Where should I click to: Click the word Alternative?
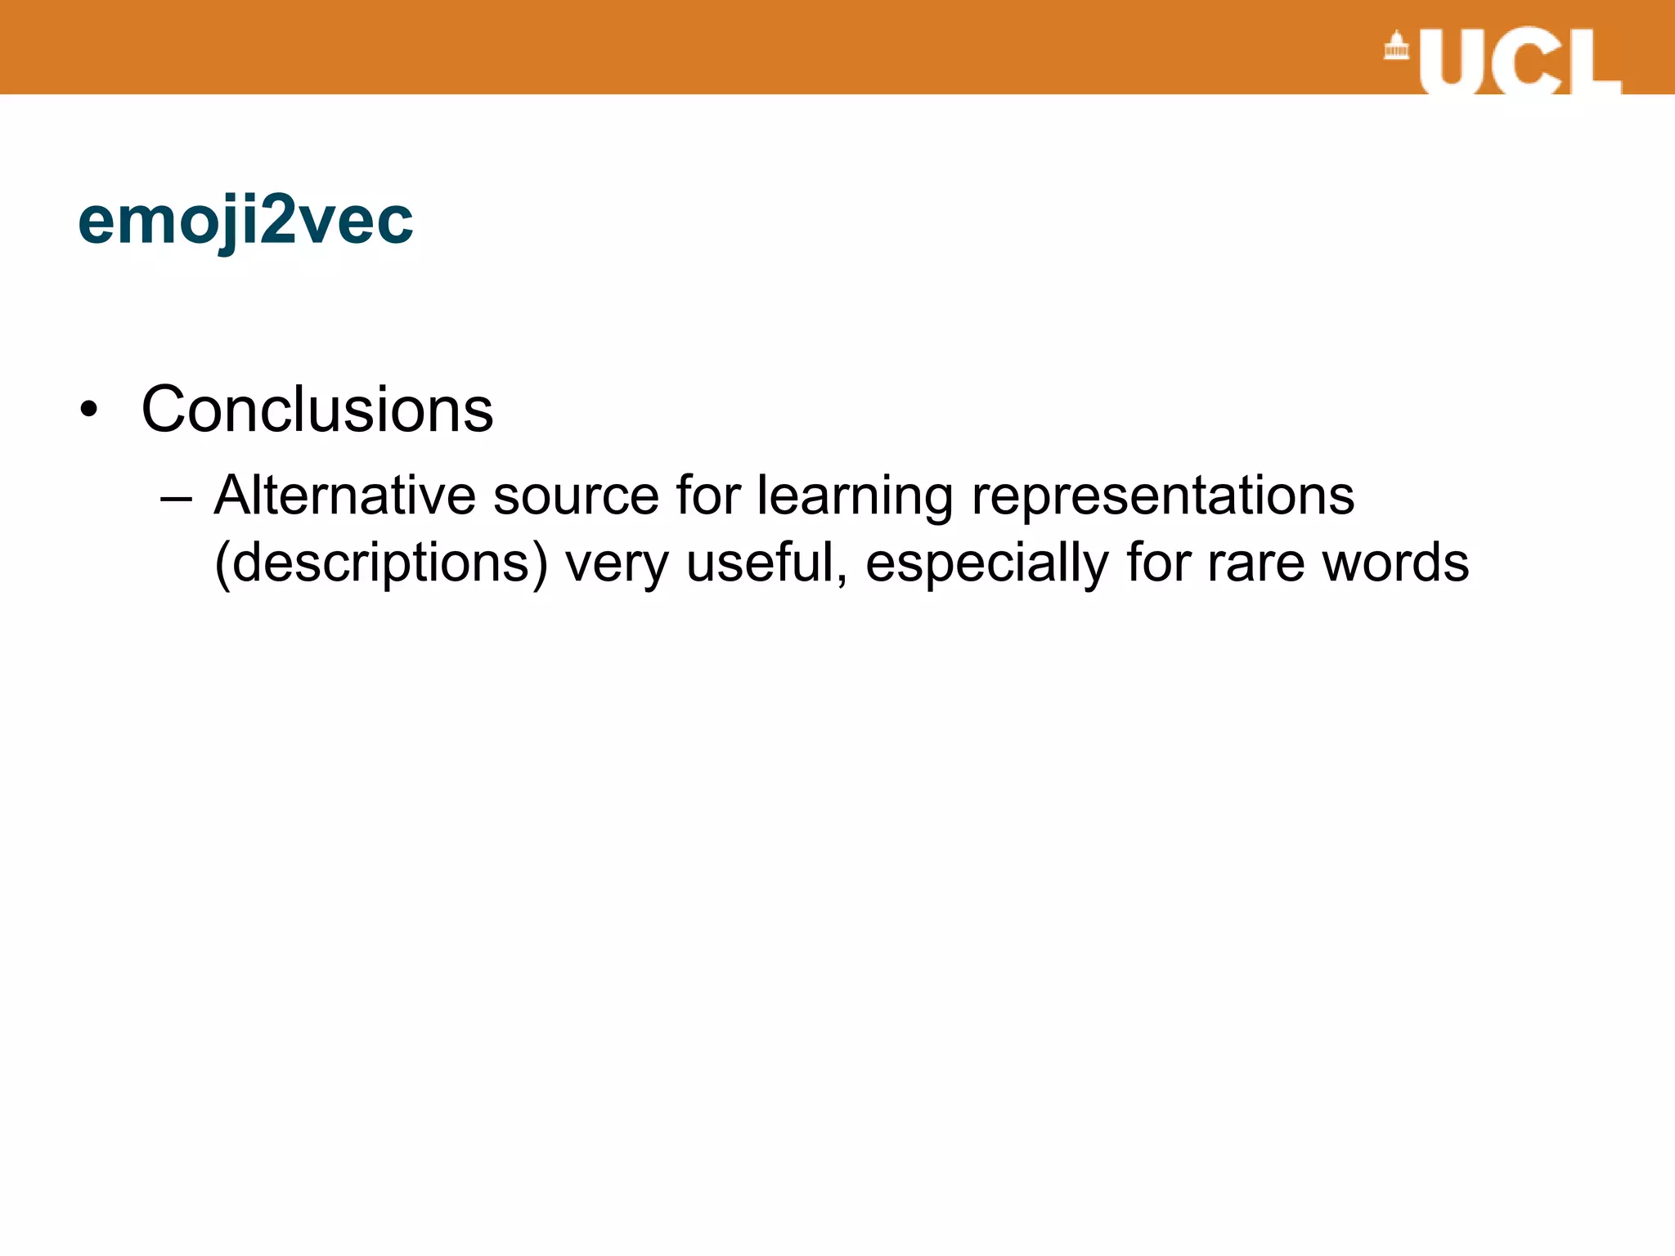[344, 496]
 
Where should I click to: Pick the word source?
[576, 496]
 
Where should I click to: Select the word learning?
[855, 497]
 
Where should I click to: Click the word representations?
[1162, 496]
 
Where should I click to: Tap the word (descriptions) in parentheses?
[380, 564]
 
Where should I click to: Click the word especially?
[986, 564]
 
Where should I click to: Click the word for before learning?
[707, 496]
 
